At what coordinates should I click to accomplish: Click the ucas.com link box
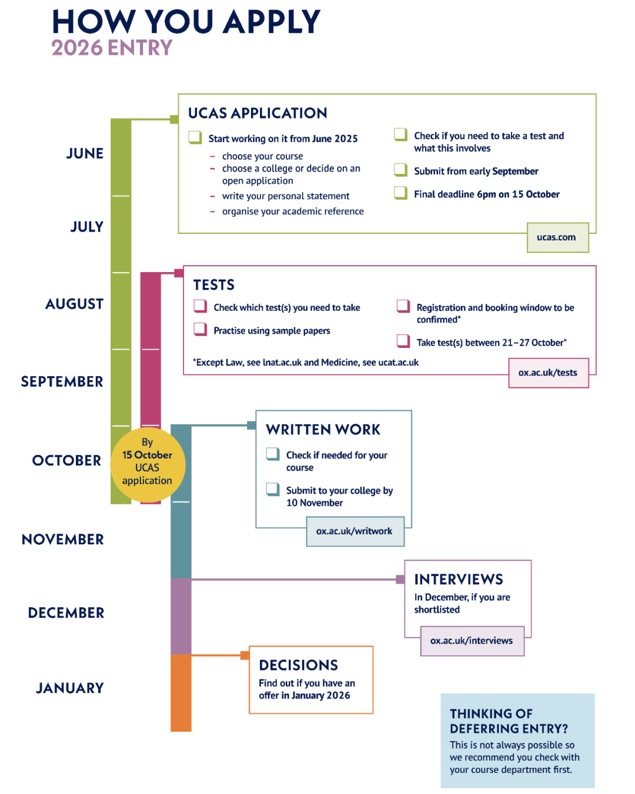[x=557, y=237]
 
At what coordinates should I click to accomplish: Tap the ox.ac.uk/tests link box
[x=548, y=373]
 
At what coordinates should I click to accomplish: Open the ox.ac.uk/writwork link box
[x=355, y=531]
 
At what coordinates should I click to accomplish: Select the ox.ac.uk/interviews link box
[x=472, y=641]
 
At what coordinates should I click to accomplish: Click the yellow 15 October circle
[x=148, y=465]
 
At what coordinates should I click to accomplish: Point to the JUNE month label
[x=85, y=153]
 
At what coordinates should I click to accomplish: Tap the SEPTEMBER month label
[x=62, y=381]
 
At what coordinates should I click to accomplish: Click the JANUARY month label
[x=70, y=688]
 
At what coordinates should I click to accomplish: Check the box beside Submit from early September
[x=400, y=170]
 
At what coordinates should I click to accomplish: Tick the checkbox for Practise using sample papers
[x=200, y=329]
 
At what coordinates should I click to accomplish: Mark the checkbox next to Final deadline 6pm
[x=400, y=193]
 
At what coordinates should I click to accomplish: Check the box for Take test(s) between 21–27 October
[x=403, y=341]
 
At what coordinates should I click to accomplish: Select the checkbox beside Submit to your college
[x=273, y=489]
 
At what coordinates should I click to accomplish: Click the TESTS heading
[x=214, y=285]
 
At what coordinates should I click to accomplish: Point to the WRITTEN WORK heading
[x=323, y=430]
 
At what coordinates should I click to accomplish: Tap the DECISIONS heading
[x=298, y=665]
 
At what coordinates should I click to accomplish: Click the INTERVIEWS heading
[x=459, y=579]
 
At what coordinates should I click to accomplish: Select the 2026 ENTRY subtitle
[x=112, y=48]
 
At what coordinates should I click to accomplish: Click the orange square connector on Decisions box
[x=245, y=655]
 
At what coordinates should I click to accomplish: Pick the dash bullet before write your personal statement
[x=212, y=196]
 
